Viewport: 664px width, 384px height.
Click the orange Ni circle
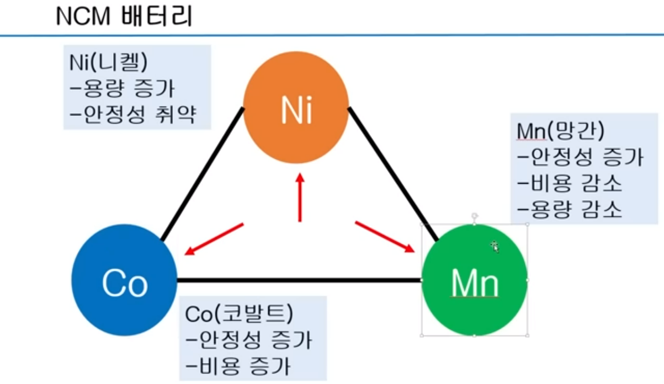[296, 110]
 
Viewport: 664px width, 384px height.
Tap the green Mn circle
[475, 280]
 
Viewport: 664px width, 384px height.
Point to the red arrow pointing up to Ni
[300, 199]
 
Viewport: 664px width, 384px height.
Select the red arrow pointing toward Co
[214, 238]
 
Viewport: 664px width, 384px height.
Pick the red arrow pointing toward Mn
[385, 236]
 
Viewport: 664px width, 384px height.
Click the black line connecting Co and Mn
[298, 280]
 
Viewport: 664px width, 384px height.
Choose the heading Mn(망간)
[561, 131]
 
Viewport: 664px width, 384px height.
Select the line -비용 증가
[238, 366]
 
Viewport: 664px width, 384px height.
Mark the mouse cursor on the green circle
[495, 247]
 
